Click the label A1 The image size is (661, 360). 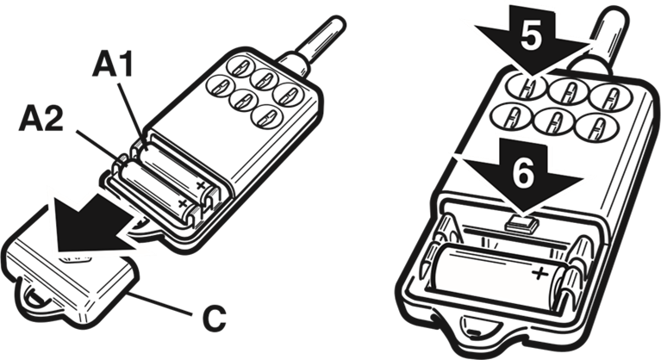(x=113, y=64)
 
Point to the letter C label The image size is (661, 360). (x=214, y=319)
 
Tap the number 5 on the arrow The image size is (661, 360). (x=531, y=37)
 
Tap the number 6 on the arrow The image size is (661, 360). (x=523, y=172)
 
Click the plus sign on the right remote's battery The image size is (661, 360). (x=539, y=274)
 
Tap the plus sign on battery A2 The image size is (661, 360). (x=183, y=203)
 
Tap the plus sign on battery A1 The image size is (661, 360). (x=201, y=185)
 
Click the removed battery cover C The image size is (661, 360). (x=72, y=276)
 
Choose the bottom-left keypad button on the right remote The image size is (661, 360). (x=512, y=117)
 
